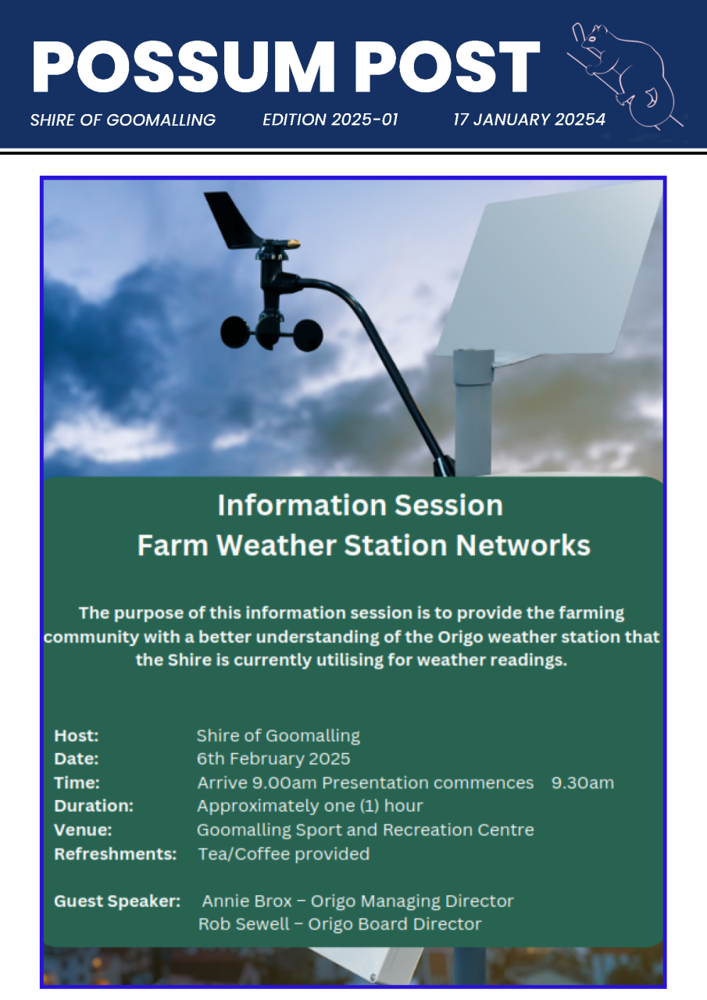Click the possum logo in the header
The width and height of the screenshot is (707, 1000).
(x=625, y=75)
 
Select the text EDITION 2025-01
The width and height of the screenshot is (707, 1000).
(x=330, y=120)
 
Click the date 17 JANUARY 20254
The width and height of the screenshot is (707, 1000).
(x=529, y=120)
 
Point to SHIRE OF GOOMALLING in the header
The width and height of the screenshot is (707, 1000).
(x=123, y=120)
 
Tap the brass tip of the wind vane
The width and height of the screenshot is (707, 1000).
(x=293, y=243)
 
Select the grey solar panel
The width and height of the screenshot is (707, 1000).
(x=549, y=273)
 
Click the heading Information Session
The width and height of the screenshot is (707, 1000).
(x=360, y=505)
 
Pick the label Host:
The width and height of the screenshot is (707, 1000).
(x=77, y=736)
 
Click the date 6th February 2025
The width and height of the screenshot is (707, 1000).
(x=273, y=759)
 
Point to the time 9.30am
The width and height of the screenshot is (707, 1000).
(x=583, y=783)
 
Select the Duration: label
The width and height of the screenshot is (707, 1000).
(x=94, y=805)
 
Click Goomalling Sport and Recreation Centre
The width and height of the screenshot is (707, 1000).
(x=366, y=830)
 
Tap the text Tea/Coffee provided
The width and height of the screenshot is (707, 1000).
(x=284, y=854)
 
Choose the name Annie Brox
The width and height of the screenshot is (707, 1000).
(x=247, y=902)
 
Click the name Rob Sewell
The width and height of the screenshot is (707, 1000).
(x=244, y=924)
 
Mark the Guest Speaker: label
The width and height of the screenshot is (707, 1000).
(x=117, y=902)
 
